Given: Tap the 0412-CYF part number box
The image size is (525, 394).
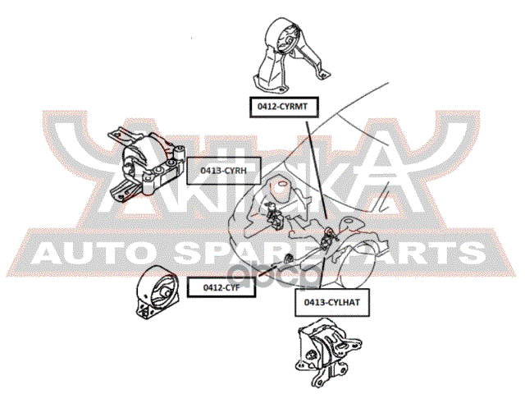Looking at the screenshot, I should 217,287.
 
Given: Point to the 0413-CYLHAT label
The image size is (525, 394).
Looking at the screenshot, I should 326,303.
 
